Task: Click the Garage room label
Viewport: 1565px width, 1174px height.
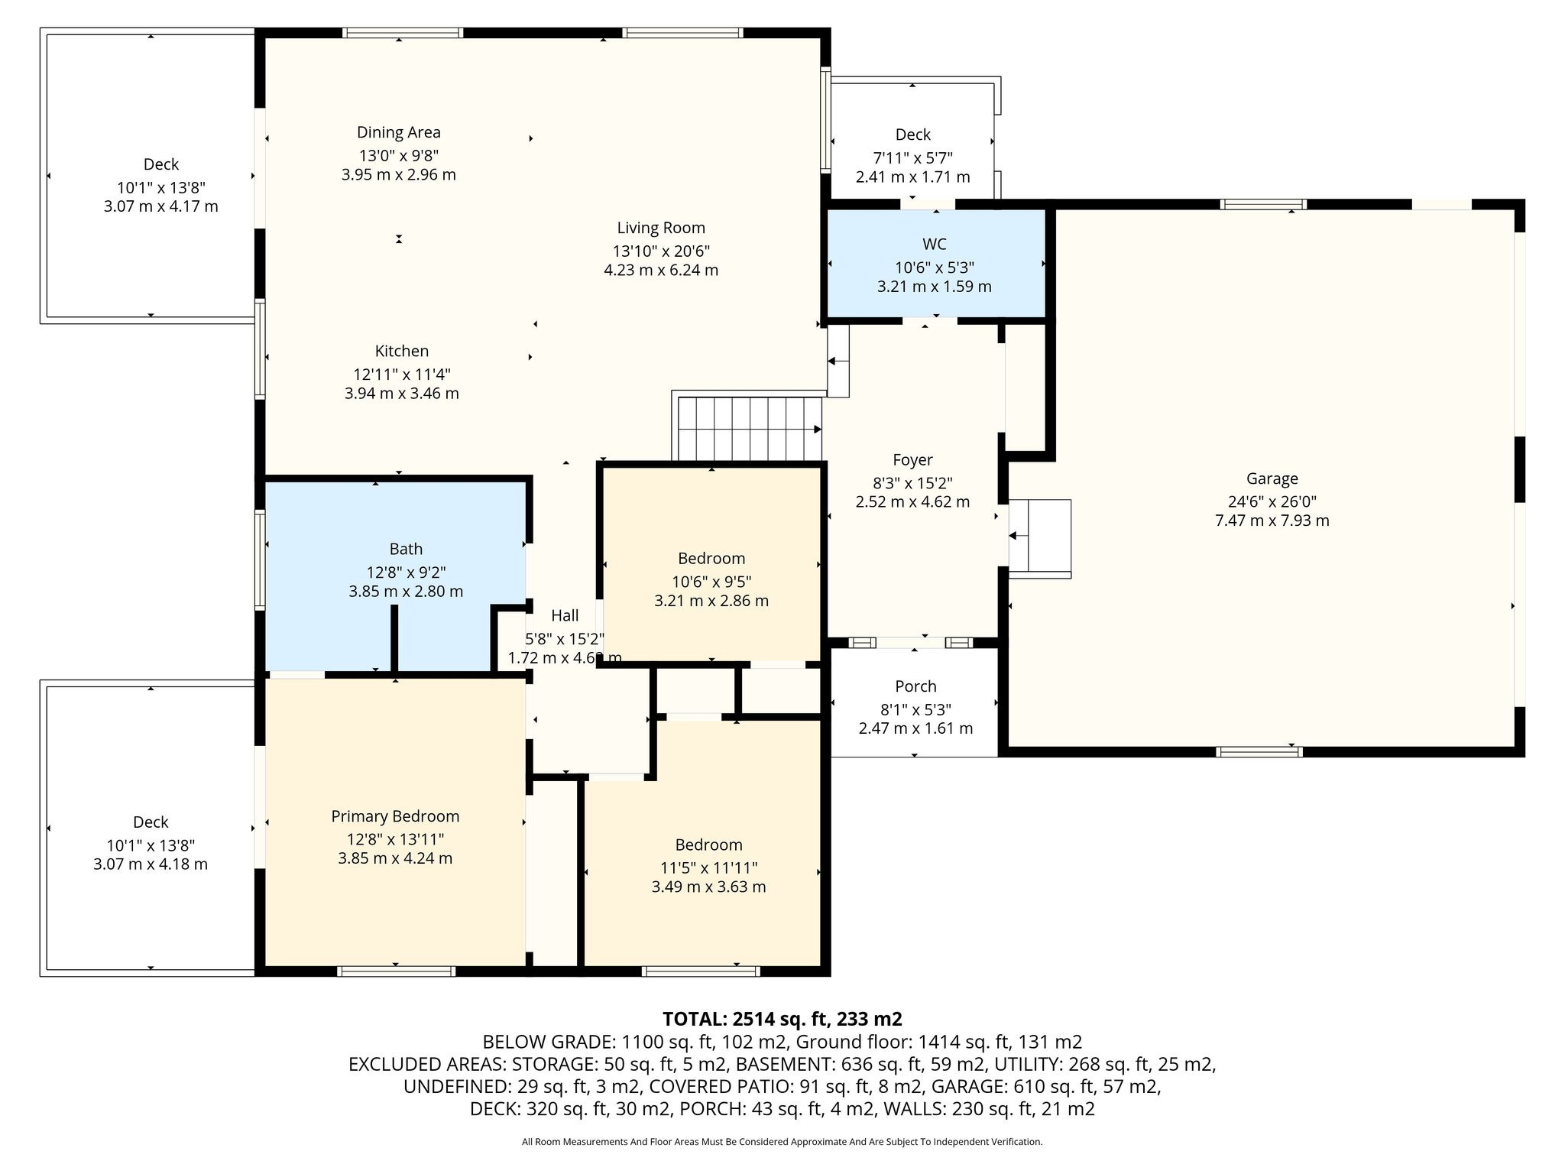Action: [x=1272, y=478]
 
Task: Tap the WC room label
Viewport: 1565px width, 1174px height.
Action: [x=934, y=244]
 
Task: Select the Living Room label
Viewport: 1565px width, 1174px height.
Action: [x=661, y=228]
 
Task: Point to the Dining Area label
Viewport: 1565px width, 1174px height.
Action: [x=399, y=132]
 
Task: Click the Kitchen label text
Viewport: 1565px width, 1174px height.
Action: [x=402, y=351]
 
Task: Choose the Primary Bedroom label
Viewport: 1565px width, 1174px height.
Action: [x=395, y=816]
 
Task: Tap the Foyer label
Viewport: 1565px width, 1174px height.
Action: [x=912, y=460]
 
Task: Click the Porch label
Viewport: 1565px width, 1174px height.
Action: [x=915, y=686]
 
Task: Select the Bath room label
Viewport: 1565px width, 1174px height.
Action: [x=406, y=549]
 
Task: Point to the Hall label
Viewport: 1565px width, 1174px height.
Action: [x=565, y=615]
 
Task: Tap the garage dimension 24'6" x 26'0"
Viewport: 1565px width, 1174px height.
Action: [x=1272, y=501]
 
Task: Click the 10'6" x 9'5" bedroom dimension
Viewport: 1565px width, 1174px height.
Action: [x=711, y=582]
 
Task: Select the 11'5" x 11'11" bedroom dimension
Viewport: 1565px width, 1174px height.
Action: [x=708, y=868]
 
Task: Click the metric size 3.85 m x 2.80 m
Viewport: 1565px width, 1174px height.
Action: [x=406, y=592]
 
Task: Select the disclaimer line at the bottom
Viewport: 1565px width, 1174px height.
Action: [x=782, y=1142]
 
